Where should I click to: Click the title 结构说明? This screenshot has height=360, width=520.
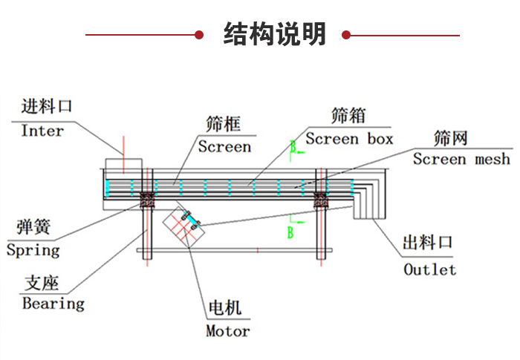point(275,34)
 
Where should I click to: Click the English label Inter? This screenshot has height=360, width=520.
point(42,131)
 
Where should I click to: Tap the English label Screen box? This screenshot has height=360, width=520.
point(348,139)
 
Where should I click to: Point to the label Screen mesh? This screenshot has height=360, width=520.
point(461,159)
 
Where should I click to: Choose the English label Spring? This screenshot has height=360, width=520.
point(33,249)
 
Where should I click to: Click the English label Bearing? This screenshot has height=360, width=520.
point(53,303)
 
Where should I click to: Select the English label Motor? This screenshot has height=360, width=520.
point(228,331)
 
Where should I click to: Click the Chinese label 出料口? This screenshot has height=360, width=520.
point(427,243)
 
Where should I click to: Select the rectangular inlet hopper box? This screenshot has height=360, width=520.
point(123,164)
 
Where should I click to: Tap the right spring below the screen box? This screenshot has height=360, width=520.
point(321,199)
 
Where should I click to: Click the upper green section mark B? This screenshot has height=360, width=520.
point(294,148)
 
